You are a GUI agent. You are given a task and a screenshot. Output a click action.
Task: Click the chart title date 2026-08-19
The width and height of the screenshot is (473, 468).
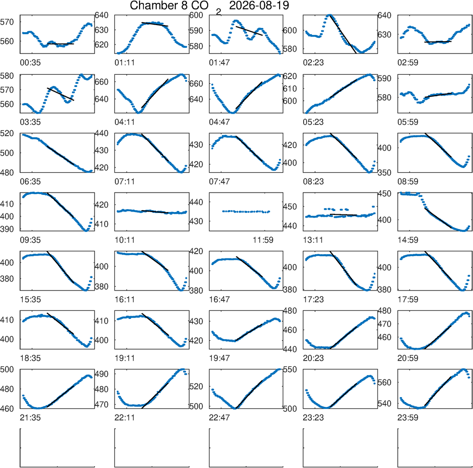coord(259,5)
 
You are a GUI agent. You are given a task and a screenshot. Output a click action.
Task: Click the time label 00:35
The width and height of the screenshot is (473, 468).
coord(30,63)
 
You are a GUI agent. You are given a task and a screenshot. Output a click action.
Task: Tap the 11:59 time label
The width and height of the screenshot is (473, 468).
coord(263,240)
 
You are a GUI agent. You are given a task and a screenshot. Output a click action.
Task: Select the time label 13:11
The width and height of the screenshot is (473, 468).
coord(313,240)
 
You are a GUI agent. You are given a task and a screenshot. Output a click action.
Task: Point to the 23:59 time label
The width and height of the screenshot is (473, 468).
coord(408,418)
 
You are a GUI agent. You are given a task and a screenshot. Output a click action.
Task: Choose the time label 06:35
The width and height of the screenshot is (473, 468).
coord(30,182)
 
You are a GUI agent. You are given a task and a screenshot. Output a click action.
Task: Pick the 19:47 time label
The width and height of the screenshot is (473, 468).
coord(219,358)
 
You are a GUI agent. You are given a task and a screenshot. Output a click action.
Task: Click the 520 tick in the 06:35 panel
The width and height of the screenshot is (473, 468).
coord(7,133)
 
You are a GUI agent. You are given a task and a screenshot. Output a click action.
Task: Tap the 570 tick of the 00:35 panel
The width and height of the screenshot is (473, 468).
coord(7,22)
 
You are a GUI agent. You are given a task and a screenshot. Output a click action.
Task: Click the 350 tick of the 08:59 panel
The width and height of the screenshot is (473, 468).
coord(385,173)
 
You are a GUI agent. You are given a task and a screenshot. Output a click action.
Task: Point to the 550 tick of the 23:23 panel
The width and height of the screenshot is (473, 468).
coord(290,369)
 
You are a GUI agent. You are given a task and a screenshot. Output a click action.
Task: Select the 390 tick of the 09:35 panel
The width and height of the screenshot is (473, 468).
coord(7,229)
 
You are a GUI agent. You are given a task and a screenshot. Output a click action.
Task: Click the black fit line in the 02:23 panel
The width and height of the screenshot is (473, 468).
coord(343,34)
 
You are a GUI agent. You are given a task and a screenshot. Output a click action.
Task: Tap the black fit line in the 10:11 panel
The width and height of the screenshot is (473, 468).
coord(155,212)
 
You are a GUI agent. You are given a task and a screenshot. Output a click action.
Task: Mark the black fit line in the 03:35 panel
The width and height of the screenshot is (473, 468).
coord(61,94)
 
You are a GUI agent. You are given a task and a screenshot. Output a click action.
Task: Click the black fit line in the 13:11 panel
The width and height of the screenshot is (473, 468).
coord(343,214)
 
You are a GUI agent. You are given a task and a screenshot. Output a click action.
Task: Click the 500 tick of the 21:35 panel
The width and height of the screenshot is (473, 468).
coord(7,369)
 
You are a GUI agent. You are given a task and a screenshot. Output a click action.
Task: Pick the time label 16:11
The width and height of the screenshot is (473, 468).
coord(124,300)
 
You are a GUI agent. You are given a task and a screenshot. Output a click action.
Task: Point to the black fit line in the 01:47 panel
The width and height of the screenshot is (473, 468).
coord(249,31)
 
